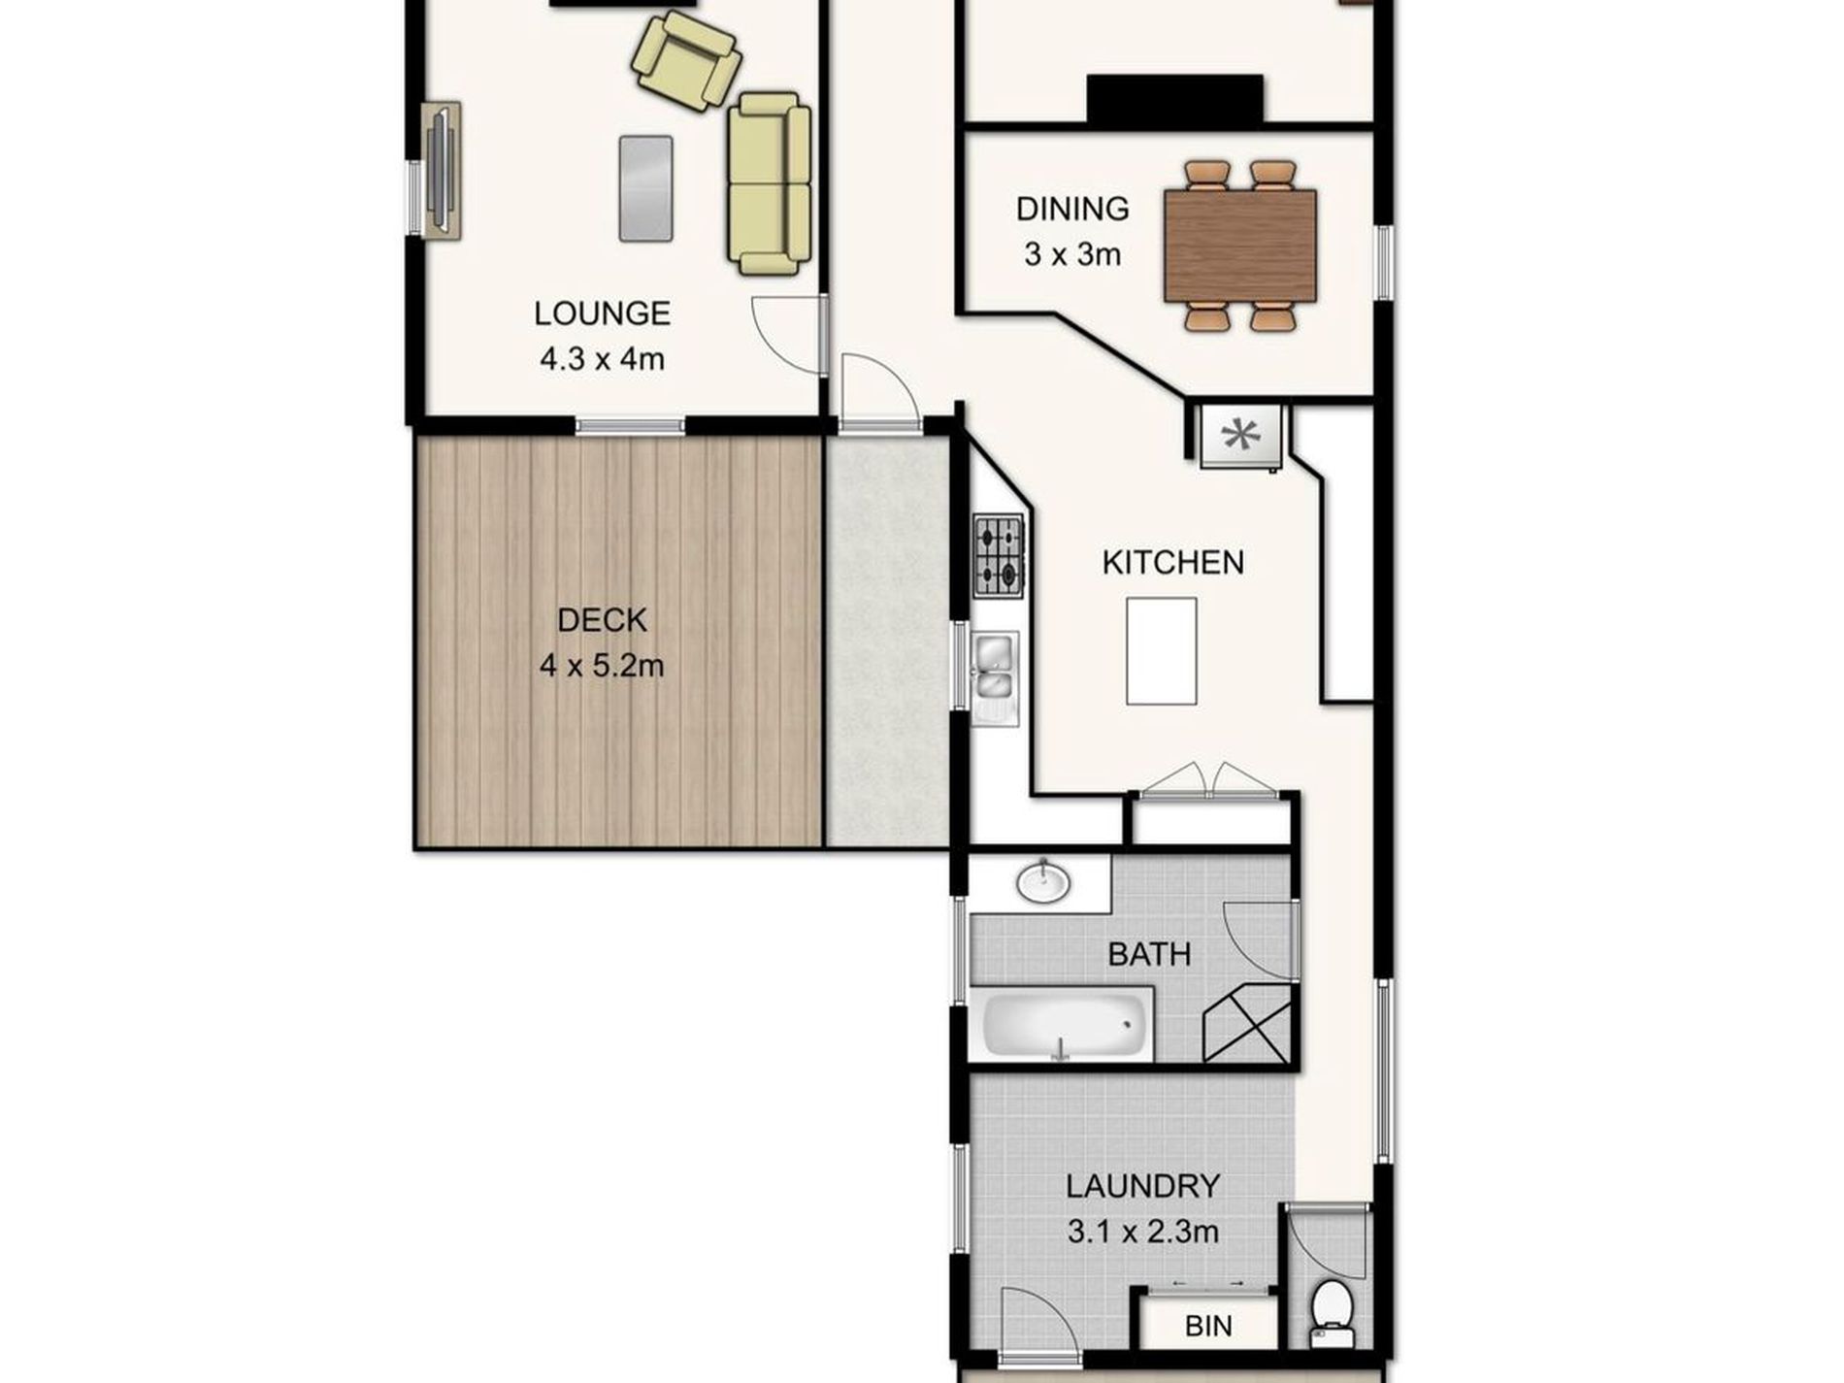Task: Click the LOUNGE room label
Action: (x=602, y=313)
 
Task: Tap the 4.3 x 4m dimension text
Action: (x=602, y=360)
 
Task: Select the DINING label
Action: (x=1072, y=209)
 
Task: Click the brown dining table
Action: (x=1239, y=246)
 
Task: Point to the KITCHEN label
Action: (x=1172, y=563)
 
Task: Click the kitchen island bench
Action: (x=1161, y=650)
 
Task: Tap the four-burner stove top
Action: (x=999, y=556)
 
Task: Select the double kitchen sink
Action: (x=994, y=667)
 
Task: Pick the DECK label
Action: (x=602, y=620)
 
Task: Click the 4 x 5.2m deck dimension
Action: (x=602, y=667)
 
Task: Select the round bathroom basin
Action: (x=1043, y=882)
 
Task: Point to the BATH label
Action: (x=1149, y=954)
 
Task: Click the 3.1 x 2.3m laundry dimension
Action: (x=1142, y=1233)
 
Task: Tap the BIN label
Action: (x=1208, y=1326)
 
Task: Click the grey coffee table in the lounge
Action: (x=645, y=188)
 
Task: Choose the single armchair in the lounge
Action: (x=685, y=62)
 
